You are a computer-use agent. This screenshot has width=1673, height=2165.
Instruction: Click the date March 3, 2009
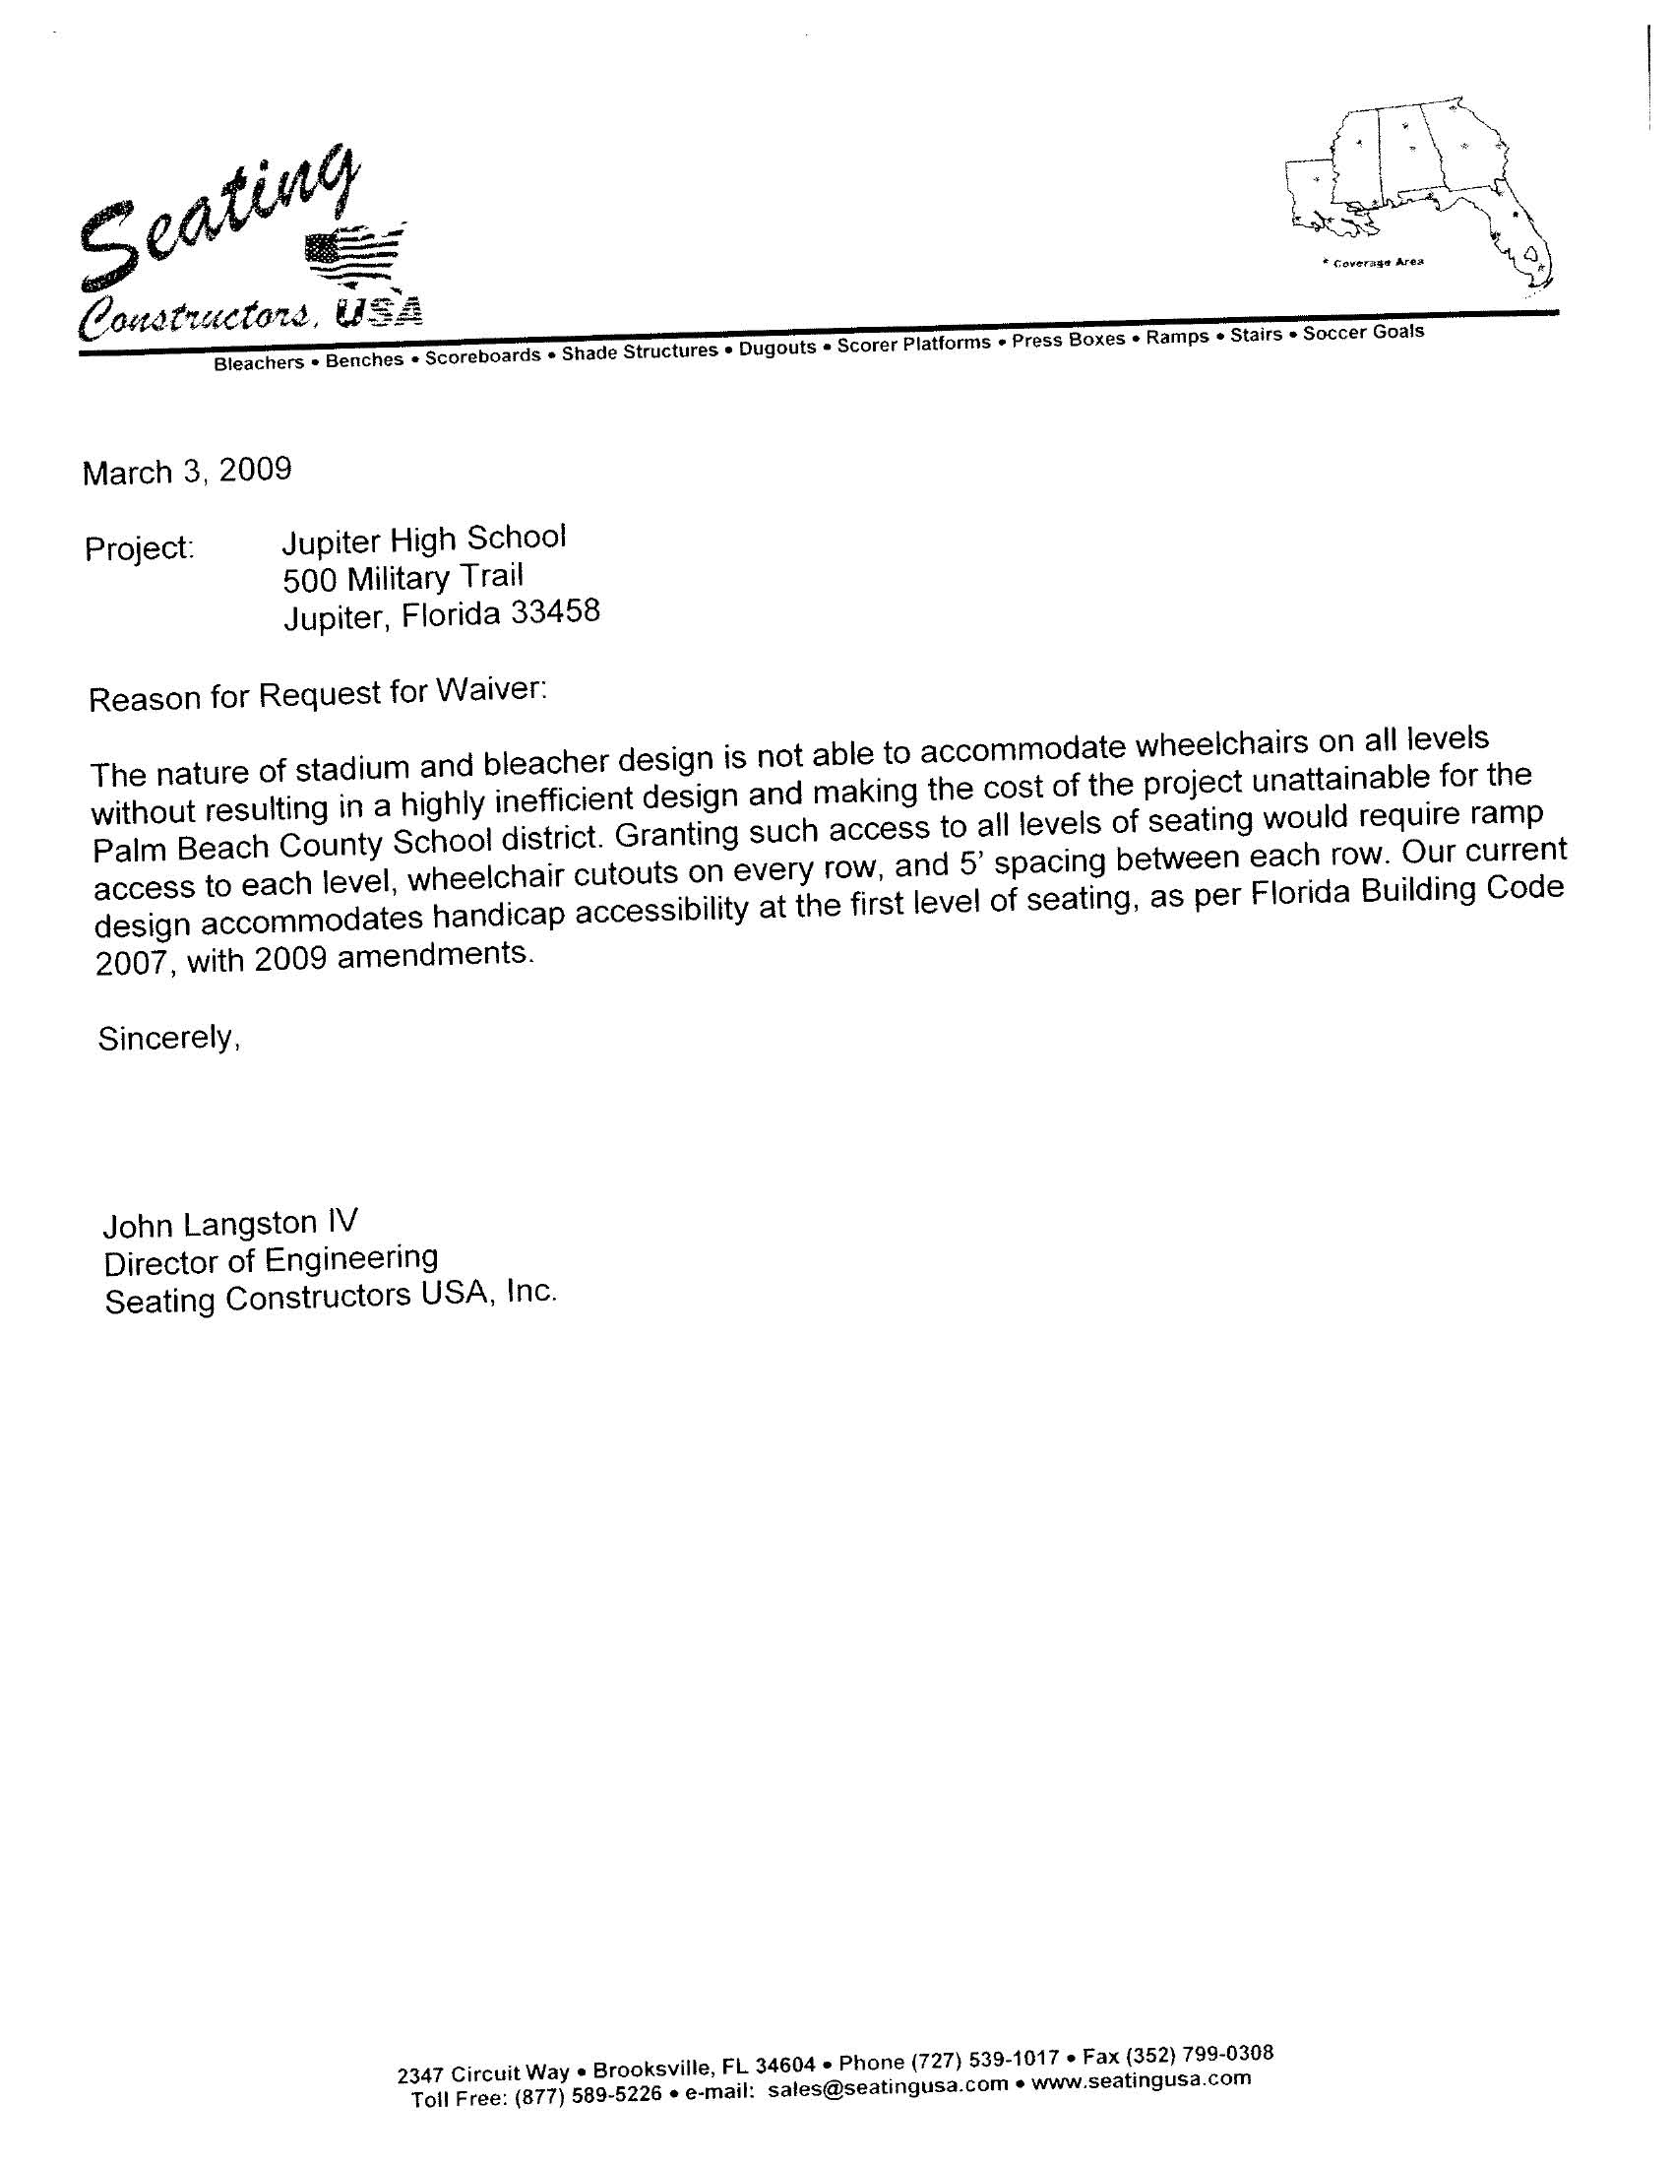point(186,471)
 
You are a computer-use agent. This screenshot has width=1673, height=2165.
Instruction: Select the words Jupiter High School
point(423,540)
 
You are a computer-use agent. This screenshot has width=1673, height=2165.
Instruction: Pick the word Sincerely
point(168,1038)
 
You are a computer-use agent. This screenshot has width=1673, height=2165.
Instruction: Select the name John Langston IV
point(230,1224)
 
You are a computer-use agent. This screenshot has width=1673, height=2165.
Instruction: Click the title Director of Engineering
point(271,1260)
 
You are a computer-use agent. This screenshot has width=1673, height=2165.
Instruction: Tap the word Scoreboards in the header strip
point(482,354)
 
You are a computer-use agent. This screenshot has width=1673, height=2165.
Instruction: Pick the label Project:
point(139,547)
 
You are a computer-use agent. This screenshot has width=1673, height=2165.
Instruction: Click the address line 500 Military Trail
point(403,577)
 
